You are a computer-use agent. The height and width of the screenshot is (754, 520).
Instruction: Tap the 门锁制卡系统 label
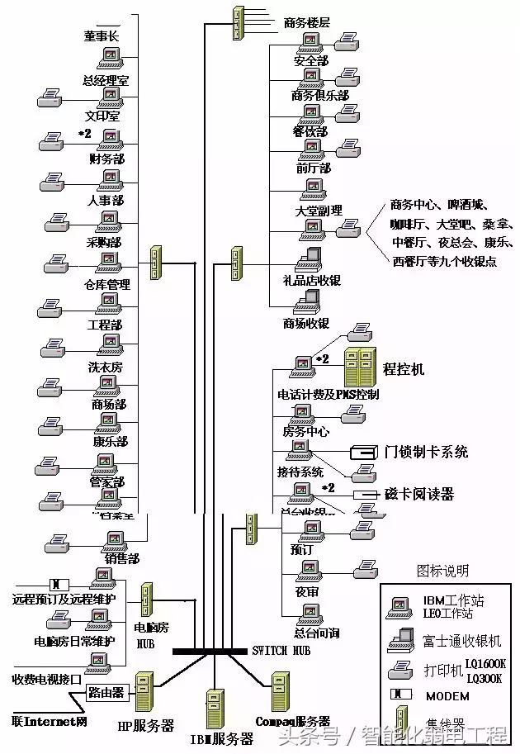[426, 452]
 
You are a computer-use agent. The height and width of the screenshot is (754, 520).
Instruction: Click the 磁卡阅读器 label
[419, 494]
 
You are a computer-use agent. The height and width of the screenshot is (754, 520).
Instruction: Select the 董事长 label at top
[101, 36]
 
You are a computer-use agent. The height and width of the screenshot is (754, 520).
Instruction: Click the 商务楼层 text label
[306, 22]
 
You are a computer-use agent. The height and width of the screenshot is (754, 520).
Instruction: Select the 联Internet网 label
[49, 721]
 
